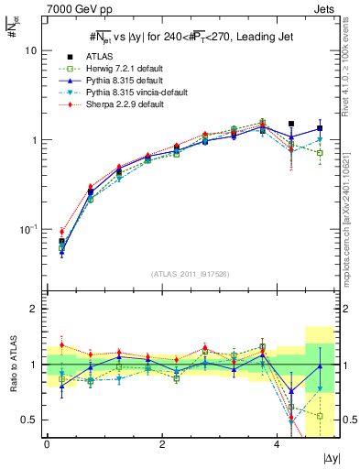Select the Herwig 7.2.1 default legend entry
[115, 68]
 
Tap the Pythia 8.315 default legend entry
[114, 80]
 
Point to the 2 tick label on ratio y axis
[35, 309]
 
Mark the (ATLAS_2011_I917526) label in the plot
[190, 275]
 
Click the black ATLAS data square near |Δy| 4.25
[291, 124]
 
